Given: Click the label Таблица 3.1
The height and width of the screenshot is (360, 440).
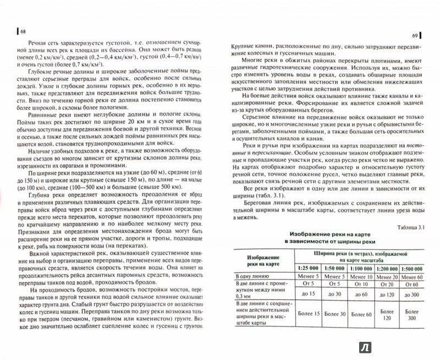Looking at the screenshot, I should (407, 227).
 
